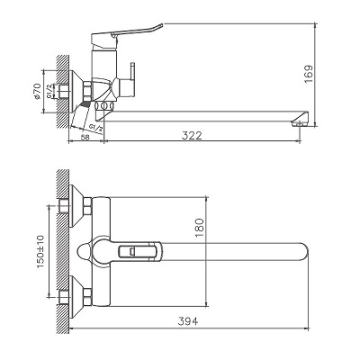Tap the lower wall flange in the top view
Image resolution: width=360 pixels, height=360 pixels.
pyautogui.click(x=79, y=293)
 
